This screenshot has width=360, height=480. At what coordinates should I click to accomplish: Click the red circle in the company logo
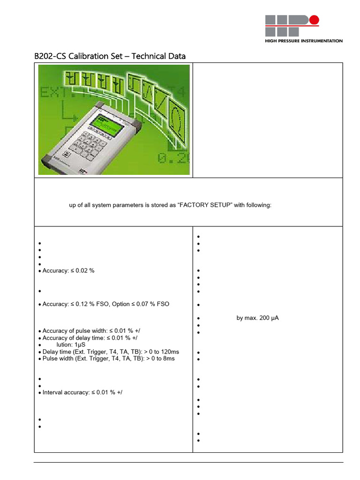pos(314,20)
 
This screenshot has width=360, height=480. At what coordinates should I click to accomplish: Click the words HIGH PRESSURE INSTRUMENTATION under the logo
pos(304,41)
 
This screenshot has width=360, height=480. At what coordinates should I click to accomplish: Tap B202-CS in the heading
pos(50,56)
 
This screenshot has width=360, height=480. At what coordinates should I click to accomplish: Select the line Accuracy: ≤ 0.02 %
pos(68,271)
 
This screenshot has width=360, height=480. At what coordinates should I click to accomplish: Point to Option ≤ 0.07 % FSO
pos(142,304)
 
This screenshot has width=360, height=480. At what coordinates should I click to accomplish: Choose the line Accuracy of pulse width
pos(82,331)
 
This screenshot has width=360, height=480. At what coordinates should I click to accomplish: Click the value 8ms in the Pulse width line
pos(167,359)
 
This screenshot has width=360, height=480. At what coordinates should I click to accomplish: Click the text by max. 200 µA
pos(258,318)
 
